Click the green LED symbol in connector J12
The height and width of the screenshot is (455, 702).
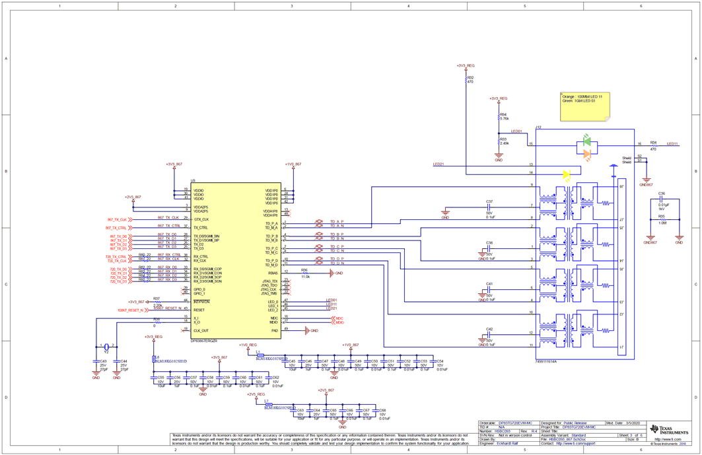pos(586,141)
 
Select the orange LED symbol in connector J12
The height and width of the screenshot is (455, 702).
pos(586,154)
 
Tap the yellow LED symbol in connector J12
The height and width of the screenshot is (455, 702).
pos(566,175)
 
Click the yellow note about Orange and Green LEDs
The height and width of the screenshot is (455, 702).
pos(584,106)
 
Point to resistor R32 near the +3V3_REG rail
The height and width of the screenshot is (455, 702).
pos(467,80)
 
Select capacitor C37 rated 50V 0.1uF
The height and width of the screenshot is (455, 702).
pos(489,206)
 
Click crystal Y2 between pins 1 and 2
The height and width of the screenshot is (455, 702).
pos(106,347)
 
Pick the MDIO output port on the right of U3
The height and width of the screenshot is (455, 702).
pos(339,322)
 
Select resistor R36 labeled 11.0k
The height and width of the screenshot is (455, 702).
pos(304,273)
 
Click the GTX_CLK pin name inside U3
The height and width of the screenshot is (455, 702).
pos(201,219)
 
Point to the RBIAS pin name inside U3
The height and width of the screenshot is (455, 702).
pos(273,273)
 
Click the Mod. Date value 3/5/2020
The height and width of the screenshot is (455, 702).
pos(633,423)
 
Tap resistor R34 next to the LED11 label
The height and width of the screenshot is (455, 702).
pos(654,145)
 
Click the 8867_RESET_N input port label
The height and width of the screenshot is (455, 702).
pos(131,310)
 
